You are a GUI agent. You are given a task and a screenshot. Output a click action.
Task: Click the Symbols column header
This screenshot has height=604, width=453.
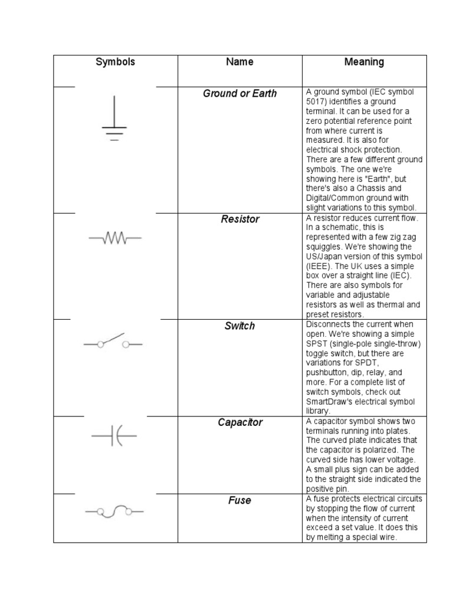[x=116, y=62]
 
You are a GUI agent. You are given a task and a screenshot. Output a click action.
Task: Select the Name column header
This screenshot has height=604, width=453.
[x=239, y=62]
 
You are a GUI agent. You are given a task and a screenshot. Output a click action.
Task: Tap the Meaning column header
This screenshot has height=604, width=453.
[x=364, y=62]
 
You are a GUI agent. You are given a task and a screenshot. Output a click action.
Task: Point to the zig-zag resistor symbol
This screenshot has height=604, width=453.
[x=115, y=238]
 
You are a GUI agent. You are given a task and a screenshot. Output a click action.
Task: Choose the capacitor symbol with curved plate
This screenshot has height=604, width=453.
[x=114, y=436]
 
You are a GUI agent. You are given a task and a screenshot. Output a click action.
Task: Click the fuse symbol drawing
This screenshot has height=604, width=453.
[x=114, y=511]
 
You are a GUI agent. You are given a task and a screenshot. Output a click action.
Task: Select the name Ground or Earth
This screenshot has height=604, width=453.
[x=239, y=94]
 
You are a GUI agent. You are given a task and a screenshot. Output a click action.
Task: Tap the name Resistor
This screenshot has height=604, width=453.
[x=239, y=219]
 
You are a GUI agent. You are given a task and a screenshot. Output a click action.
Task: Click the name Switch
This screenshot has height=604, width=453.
[x=239, y=326]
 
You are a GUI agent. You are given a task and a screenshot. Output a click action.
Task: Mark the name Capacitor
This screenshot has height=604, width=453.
[x=239, y=423]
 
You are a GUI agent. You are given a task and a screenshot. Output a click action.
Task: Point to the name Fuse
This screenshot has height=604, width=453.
[x=239, y=501]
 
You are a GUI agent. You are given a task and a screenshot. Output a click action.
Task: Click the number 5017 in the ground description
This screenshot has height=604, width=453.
[x=316, y=101]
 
